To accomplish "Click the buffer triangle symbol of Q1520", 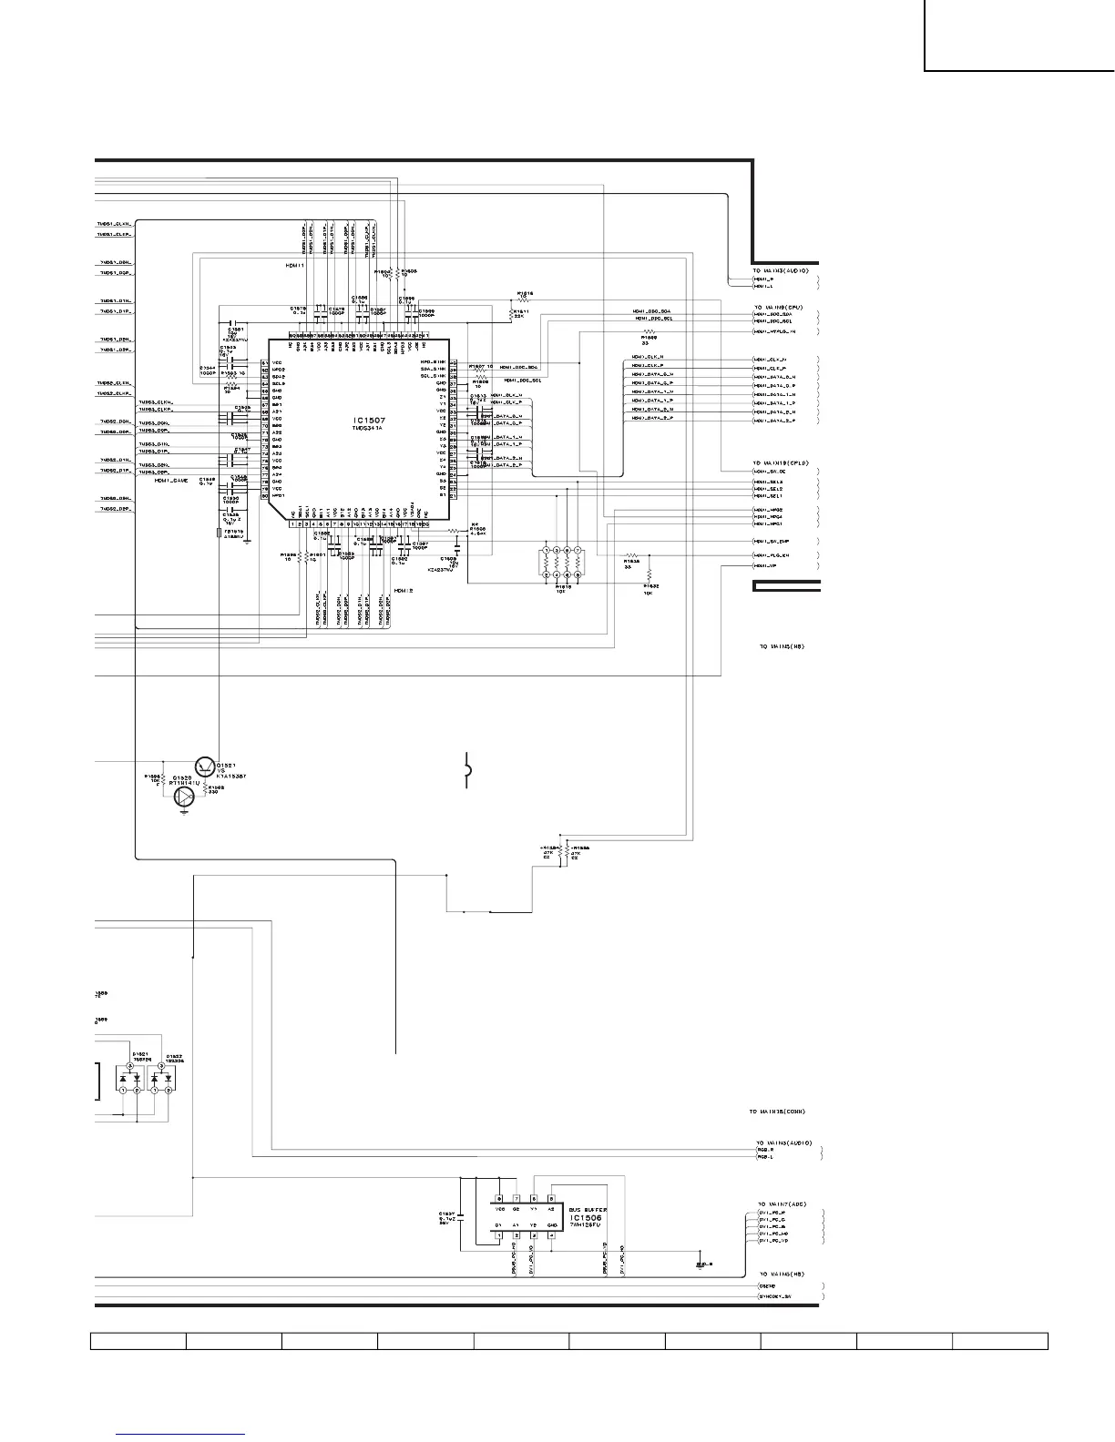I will tap(185, 797).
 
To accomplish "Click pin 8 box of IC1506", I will tap(498, 1199).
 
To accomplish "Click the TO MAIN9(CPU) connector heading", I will tap(777, 308).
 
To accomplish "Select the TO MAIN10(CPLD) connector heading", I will tap(780, 463).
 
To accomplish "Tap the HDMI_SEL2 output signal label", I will tap(769, 489).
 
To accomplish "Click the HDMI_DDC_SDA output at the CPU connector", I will tap(772, 314).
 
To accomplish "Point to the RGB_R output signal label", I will tap(764, 1150).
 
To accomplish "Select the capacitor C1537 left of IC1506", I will tap(462, 1216).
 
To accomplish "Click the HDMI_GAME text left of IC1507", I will tap(170, 480).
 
